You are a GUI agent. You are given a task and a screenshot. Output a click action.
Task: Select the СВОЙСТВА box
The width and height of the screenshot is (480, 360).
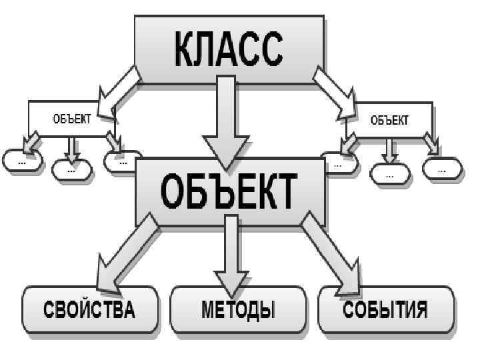[x=89, y=310]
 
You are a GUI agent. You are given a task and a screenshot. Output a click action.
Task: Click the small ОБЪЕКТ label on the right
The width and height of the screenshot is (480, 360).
[x=389, y=120]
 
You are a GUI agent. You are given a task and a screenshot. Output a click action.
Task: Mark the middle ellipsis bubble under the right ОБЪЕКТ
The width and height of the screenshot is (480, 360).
[x=389, y=175]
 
